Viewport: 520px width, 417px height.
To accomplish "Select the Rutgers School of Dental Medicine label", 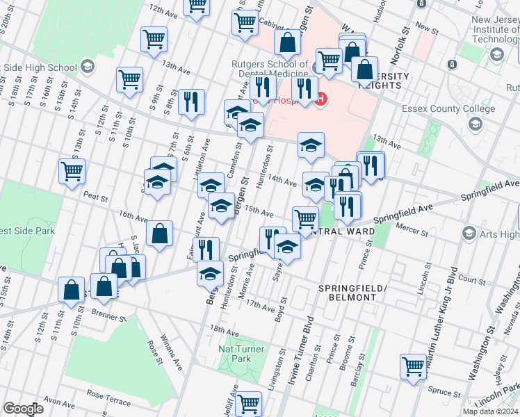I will pyautogui.click(x=270, y=69).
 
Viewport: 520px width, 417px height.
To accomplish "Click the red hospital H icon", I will pyautogui.click(x=320, y=100).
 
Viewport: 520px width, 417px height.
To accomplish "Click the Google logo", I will pyautogui.click(x=23, y=409).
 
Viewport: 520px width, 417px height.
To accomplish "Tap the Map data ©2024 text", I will pyautogui.click(x=490, y=411).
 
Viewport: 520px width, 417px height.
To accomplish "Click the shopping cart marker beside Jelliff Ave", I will pyautogui.click(x=248, y=402).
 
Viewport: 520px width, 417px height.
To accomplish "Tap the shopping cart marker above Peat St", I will pyautogui.click(x=72, y=170).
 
